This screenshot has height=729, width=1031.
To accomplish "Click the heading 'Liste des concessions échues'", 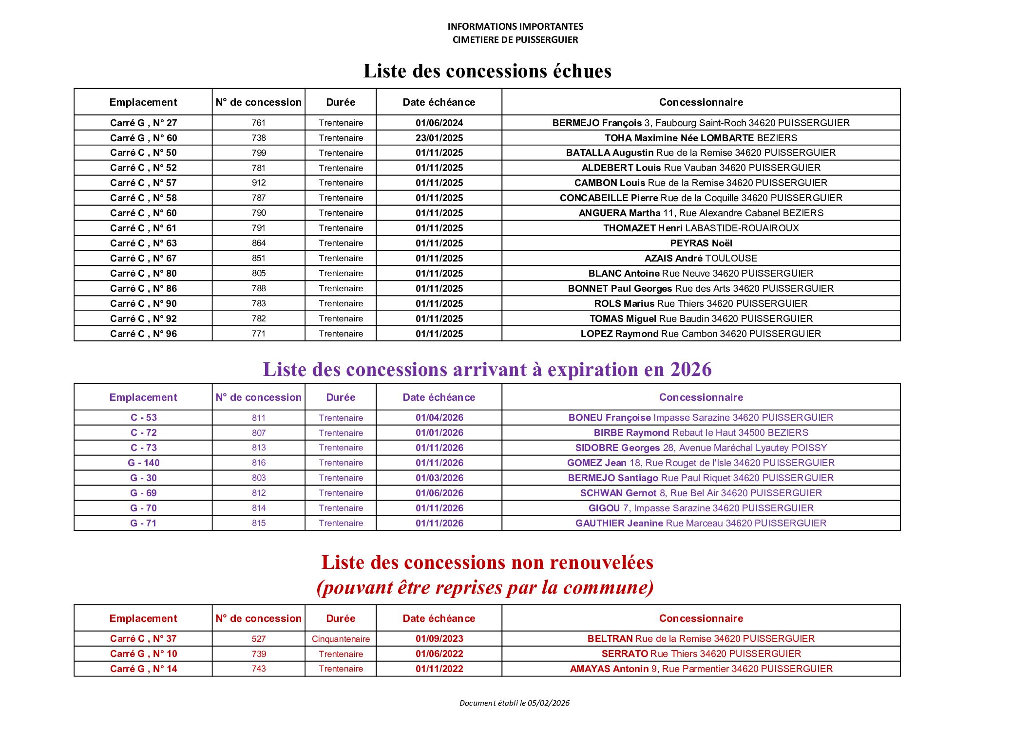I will [x=487, y=71].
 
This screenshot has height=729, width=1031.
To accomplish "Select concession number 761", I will [x=259, y=123].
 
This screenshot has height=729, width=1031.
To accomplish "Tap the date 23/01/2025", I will [x=439, y=138].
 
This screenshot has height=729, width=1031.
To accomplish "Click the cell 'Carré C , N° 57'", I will [x=143, y=183].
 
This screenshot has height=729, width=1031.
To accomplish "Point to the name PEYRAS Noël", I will [x=701, y=243].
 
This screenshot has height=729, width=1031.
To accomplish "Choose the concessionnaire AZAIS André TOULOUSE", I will [x=701, y=259].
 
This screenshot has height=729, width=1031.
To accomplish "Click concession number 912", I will [x=259, y=183].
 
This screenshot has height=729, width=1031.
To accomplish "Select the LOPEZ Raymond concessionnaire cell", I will [x=701, y=334].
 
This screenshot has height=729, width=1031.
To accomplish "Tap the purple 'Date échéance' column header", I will [x=439, y=397].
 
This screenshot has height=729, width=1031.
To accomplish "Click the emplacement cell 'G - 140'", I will [x=143, y=463].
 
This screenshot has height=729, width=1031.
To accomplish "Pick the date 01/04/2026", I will [x=439, y=418].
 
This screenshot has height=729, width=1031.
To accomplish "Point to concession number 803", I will [x=259, y=478].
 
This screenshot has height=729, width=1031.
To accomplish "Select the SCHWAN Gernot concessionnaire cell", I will [x=701, y=493].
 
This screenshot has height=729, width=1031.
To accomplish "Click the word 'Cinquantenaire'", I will [x=341, y=639].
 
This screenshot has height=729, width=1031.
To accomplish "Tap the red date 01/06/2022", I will [x=439, y=654].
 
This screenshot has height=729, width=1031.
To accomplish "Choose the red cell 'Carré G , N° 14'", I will [x=143, y=669].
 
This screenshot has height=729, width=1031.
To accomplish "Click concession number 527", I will [x=259, y=639].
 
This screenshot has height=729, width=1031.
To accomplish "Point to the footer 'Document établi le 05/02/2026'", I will [x=514, y=703].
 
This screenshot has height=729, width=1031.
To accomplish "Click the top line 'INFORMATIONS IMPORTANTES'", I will [x=515, y=27].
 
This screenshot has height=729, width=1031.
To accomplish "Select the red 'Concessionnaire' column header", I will [x=701, y=618].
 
